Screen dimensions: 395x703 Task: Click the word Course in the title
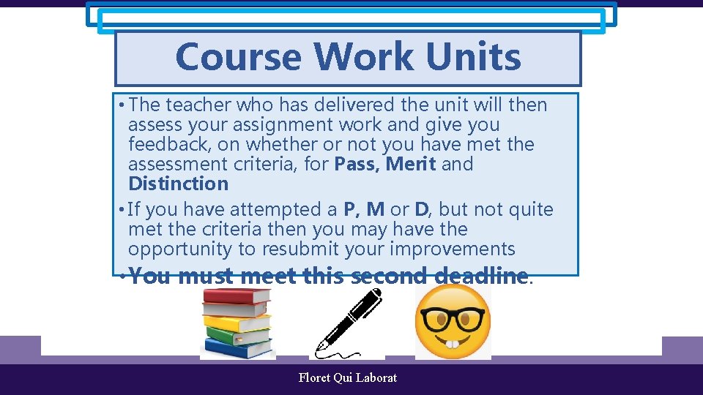239,57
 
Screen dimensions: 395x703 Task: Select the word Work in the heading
360,57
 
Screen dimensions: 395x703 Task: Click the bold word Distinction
178,184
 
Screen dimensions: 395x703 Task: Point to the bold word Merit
411,164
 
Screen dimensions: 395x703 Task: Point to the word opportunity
180,249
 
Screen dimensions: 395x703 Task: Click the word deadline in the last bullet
480,276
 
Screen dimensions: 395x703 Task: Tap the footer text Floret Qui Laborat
348,377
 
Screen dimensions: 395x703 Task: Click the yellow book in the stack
238,323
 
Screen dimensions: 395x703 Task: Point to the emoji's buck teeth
453,343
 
